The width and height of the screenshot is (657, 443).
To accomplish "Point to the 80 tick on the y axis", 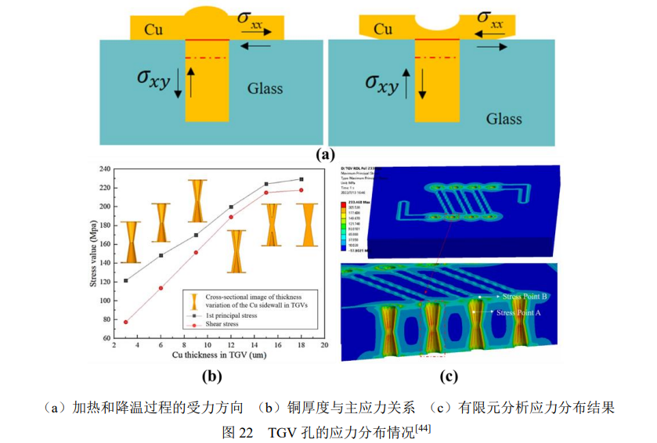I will click(x=105, y=319).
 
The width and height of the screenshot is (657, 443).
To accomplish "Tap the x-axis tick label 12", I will click(x=231, y=345).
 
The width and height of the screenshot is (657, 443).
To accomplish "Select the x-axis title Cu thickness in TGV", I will click(x=215, y=356).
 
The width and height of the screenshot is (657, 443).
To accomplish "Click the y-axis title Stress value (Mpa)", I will click(x=94, y=253).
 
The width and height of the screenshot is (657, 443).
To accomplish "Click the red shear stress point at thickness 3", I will click(x=126, y=322).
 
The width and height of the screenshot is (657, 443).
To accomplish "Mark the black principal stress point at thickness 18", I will click(x=301, y=179).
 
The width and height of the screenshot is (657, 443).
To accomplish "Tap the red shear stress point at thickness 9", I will click(x=196, y=252).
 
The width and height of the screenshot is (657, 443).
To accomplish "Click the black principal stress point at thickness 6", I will click(x=161, y=255).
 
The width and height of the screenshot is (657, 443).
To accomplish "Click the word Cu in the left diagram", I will click(x=153, y=30).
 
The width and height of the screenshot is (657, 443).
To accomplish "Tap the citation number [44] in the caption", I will click(x=423, y=427).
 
